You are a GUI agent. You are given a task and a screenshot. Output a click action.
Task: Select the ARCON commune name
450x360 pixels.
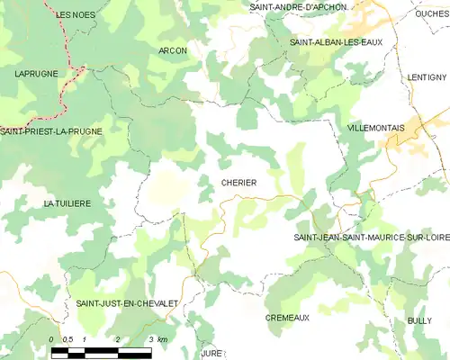pyautogui.click(x=172, y=51)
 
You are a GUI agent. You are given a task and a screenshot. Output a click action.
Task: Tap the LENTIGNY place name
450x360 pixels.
pyautogui.click(x=426, y=77)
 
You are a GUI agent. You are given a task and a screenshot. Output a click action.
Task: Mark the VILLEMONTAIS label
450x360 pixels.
pyautogui.click(x=374, y=129)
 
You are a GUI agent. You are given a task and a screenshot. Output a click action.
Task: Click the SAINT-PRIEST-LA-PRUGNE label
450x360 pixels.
pyautogui.click(x=51, y=131)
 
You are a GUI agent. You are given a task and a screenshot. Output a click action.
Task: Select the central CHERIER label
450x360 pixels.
pyautogui.click(x=238, y=183)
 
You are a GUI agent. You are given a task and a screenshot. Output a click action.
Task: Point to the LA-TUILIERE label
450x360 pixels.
pyautogui.click(x=67, y=204)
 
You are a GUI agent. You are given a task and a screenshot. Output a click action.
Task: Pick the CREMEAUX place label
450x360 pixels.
pyautogui.click(x=287, y=318)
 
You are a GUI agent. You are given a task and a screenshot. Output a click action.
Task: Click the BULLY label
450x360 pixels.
pyautogui.click(x=418, y=320)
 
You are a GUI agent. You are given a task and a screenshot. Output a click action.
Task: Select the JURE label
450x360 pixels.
pyautogui.click(x=211, y=355)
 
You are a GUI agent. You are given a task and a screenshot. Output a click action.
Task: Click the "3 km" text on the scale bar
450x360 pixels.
pyautogui.click(x=157, y=339)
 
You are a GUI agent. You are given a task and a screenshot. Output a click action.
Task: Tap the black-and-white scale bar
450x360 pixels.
pyautogui.click(x=101, y=350)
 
